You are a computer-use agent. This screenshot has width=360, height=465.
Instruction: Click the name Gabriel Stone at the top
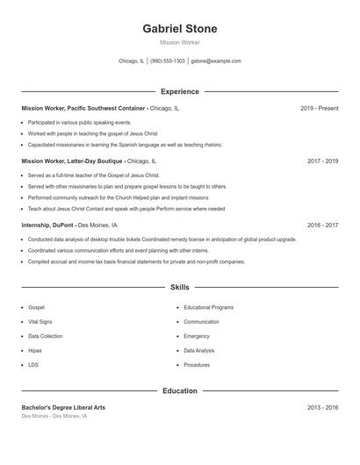[179, 29]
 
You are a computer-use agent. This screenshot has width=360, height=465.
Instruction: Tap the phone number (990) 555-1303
[168, 61]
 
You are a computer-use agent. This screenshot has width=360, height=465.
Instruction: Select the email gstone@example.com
[216, 61]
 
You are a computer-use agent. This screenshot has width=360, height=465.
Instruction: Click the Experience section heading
[179, 91]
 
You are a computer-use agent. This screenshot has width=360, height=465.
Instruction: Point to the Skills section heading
[179, 287]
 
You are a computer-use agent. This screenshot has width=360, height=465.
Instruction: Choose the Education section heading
[179, 390]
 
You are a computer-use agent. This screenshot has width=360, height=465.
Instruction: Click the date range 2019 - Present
[319, 108]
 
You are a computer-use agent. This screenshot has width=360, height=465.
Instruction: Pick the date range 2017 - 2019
[322, 161]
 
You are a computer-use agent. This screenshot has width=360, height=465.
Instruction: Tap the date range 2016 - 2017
[322, 225]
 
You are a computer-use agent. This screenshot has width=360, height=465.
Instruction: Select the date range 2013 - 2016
[322, 408]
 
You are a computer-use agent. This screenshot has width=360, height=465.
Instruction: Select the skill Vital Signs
[40, 322]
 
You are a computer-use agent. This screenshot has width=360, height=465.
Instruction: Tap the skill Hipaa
[34, 350]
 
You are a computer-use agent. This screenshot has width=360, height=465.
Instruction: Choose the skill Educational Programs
[208, 308]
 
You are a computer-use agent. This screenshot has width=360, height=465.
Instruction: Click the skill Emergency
[197, 336]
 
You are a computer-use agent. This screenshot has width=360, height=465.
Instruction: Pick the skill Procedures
[197, 364]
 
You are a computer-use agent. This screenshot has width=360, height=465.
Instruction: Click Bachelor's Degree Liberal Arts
[63, 408]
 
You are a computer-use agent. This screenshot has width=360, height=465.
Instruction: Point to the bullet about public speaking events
[79, 122]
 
